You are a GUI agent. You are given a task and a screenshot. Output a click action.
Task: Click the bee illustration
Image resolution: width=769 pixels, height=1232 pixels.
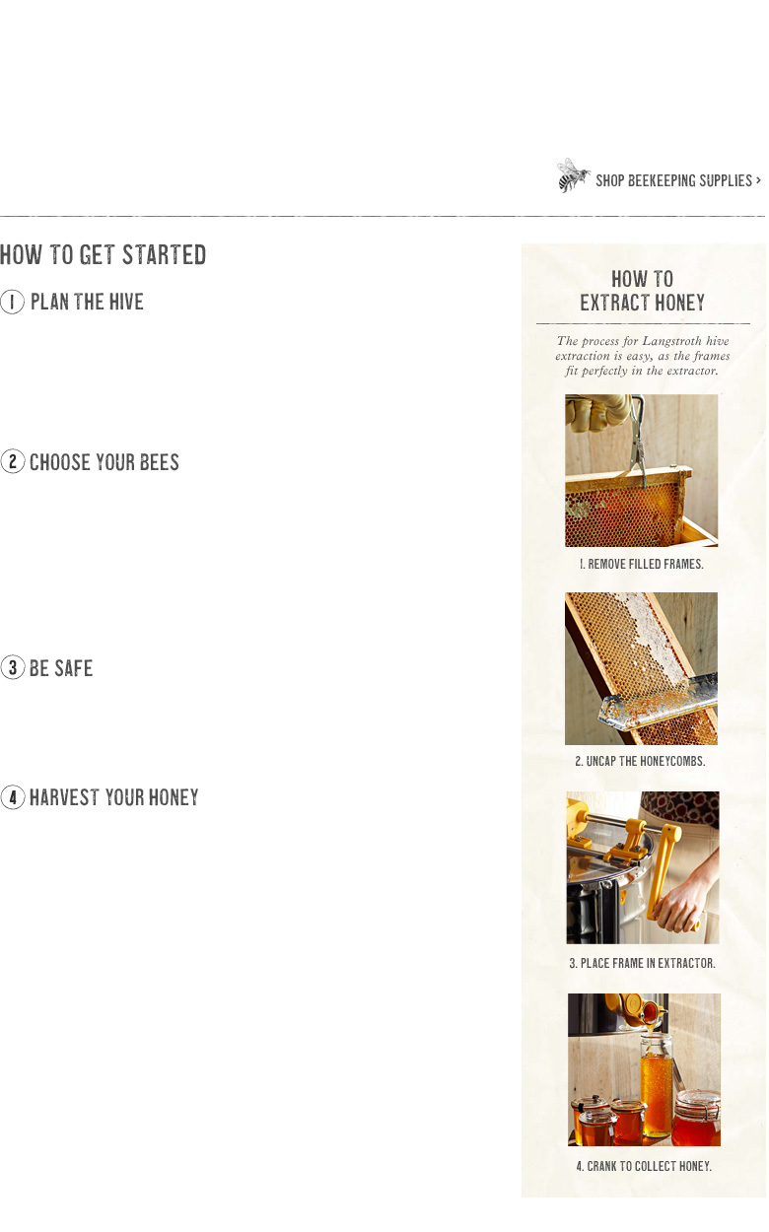coord(573,175)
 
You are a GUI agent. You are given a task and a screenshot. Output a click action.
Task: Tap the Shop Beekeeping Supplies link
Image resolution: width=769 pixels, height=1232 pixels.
coord(678,180)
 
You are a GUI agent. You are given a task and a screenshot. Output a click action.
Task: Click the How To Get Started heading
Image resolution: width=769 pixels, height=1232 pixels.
coord(103,255)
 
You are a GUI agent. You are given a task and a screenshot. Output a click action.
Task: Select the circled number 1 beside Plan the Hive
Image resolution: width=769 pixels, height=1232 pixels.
coord(12,302)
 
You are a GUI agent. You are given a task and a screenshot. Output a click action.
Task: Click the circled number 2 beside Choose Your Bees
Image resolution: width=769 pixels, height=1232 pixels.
coord(13,461)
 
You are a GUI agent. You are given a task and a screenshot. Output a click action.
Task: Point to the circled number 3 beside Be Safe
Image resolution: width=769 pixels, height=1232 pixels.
coord(13,667)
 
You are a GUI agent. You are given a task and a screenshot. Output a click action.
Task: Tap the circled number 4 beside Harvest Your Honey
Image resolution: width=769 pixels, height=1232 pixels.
coord(13,797)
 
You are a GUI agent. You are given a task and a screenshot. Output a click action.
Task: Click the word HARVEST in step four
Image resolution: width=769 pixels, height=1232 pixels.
coord(64,797)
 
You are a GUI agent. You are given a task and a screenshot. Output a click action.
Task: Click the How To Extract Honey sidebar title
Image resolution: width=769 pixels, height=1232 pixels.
coord(643,291)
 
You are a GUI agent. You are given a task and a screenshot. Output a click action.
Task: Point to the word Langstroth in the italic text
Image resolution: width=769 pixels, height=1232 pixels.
coord(671,341)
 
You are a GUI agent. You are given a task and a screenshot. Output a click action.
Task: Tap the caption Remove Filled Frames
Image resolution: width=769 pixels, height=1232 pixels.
coord(642,564)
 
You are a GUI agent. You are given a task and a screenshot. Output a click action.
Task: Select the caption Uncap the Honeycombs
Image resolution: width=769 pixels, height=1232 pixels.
coord(640,761)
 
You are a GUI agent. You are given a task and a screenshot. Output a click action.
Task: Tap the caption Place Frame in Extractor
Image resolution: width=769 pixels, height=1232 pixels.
coord(643,963)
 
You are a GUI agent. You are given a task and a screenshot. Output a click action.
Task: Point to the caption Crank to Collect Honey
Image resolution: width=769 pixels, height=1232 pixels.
coord(644,1166)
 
